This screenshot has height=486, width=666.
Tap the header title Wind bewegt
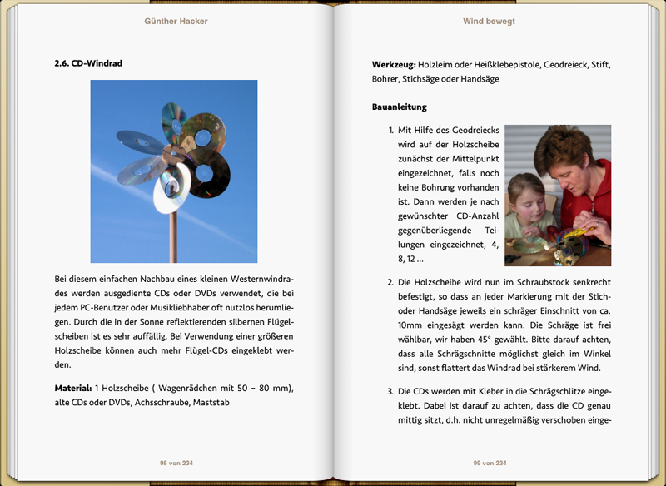click(x=489, y=22)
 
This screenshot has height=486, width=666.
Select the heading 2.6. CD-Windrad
click(x=88, y=62)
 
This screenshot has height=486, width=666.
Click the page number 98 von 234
click(x=176, y=463)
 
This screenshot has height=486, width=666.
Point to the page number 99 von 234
click(x=490, y=463)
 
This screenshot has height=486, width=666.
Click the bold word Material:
click(x=72, y=389)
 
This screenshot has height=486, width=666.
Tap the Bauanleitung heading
click(x=400, y=107)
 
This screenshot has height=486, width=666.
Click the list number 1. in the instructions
click(x=391, y=131)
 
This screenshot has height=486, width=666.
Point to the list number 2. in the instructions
click(x=391, y=283)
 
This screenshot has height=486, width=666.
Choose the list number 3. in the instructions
click(x=391, y=391)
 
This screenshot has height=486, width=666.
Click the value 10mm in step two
click(x=412, y=325)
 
